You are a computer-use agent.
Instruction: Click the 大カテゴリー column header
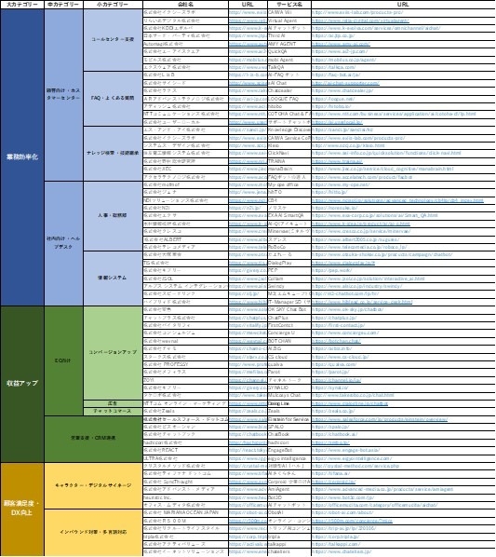pyautogui.click(x=22, y=5)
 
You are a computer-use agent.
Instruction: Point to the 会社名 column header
pyautogui.click(x=184, y=5)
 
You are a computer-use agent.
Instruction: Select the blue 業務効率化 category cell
pyautogui.click(x=22, y=156)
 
